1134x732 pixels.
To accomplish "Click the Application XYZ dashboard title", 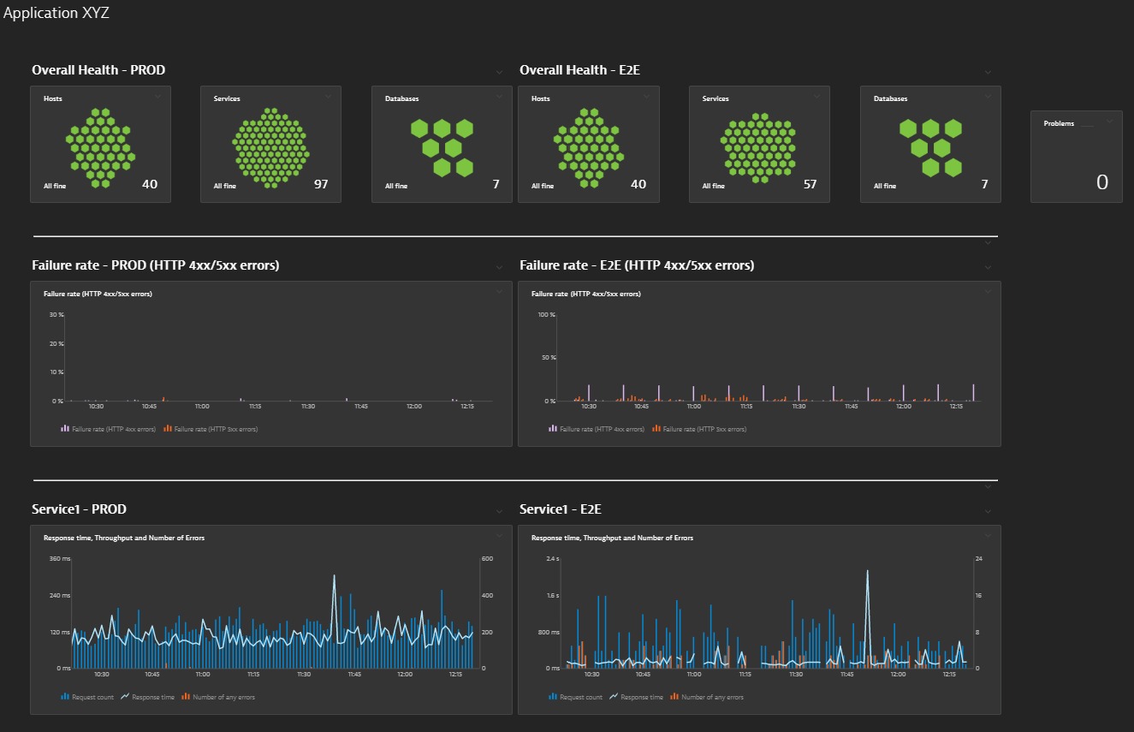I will pos(56,14).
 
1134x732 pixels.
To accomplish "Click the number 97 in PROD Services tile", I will pos(321,184).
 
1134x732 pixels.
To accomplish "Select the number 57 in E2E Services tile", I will pos(810,184).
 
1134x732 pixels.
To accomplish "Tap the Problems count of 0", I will pos(1102,182).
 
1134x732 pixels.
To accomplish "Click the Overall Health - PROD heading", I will pos(98,70).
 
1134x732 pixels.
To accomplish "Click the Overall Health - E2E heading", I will pos(579,70).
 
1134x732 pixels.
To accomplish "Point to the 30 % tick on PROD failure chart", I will pos(56,315).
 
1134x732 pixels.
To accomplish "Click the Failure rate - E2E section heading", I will pos(637,265).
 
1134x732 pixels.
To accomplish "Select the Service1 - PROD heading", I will pos(79,509).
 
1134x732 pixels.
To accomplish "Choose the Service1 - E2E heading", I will pos(561,509).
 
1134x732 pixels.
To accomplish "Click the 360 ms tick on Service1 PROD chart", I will pos(60,559).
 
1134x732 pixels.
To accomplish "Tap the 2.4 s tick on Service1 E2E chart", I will pos(552,559).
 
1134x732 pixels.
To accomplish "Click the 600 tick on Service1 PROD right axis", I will pos(487,559).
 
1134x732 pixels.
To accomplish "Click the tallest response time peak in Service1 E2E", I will pos(867,571).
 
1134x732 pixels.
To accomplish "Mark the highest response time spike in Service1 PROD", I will pos(334,576).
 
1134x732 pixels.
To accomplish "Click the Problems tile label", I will pos(1059,123).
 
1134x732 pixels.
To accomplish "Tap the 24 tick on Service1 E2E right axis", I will pos(977,559).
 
